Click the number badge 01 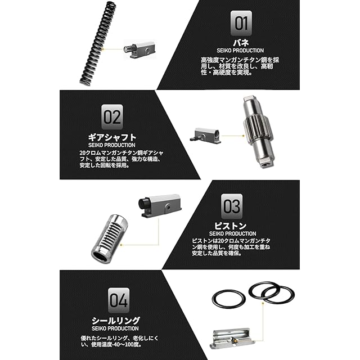pyautogui.click(x=241, y=23)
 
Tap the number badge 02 pyautogui.click(x=112, y=117)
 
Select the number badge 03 pyautogui.click(x=232, y=206)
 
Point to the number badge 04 pyautogui.click(x=119, y=300)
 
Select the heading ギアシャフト pyautogui.click(x=112, y=137)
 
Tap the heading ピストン pyautogui.click(x=230, y=226)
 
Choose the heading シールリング pyautogui.click(x=116, y=320)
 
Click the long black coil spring pyautogui.click(x=98, y=44)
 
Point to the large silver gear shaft pyautogui.click(x=258, y=132)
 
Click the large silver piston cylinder pyautogui.click(x=110, y=239)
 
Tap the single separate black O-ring pyautogui.click(x=229, y=299)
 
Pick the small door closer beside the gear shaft pyautogui.click(x=205, y=136)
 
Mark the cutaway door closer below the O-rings pyautogui.click(x=232, y=339)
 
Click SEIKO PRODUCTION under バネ pyautogui.click(x=240, y=51)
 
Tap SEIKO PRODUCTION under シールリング pyautogui.click(x=115, y=328)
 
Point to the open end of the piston pyautogui.click(x=100, y=257)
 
